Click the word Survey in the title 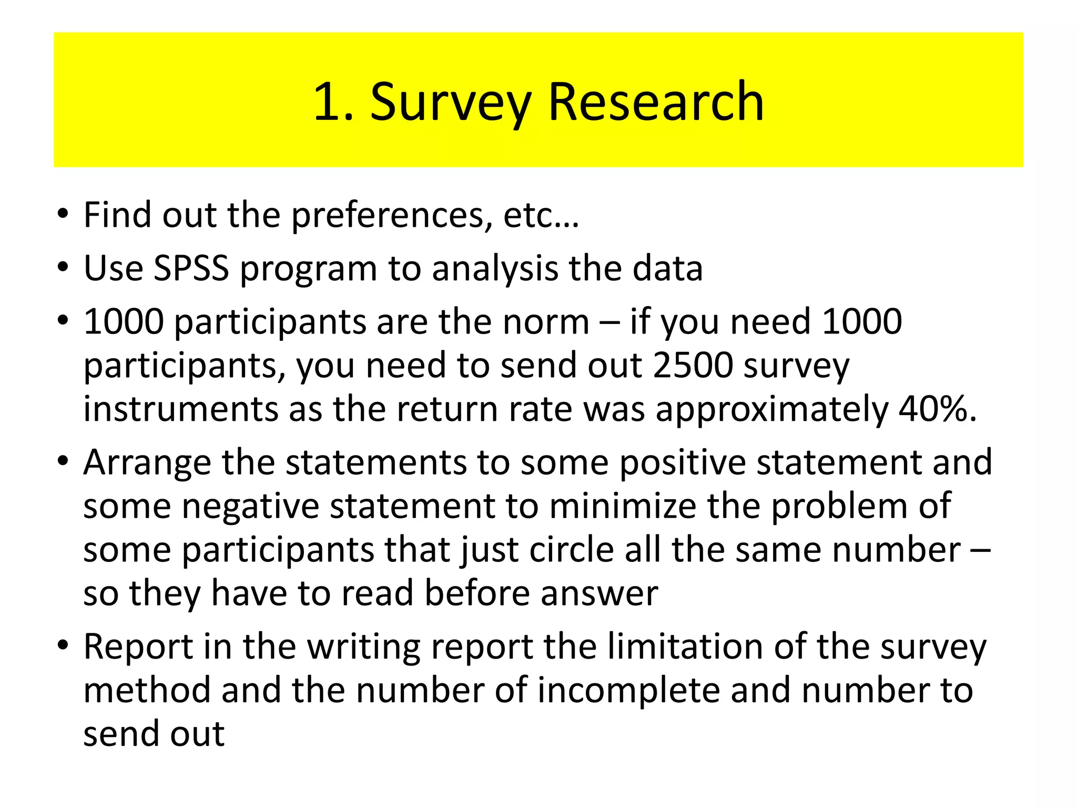point(450,103)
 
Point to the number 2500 point(693,365)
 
